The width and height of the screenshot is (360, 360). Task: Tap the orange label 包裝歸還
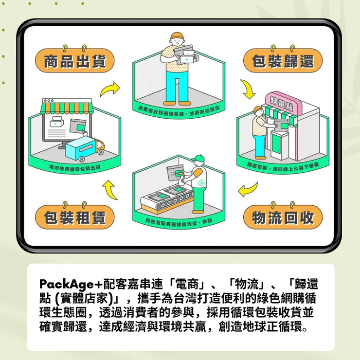click(283, 62)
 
